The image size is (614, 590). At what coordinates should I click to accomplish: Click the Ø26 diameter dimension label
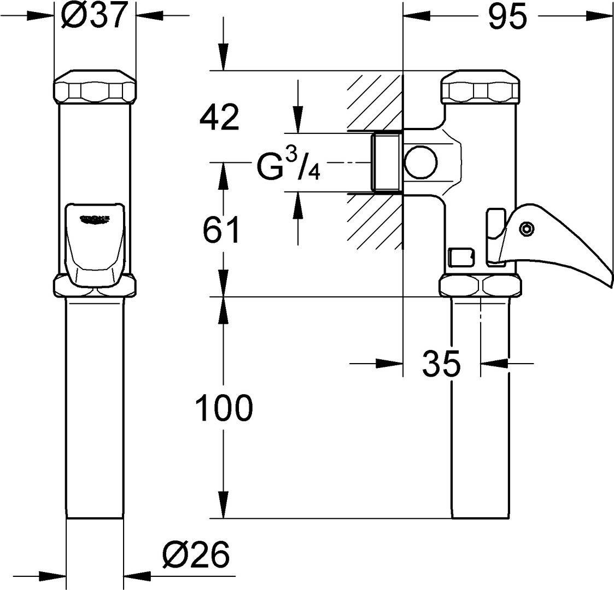(x=195, y=556)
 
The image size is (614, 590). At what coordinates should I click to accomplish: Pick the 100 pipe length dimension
(x=225, y=408)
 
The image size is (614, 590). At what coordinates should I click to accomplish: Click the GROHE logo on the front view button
(x=95, y=219)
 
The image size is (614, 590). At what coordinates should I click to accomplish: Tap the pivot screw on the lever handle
(x=527, y=229)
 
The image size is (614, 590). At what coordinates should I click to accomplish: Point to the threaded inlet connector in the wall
(x=387, y=162)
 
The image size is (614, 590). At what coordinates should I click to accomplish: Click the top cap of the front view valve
(x=95, y=86)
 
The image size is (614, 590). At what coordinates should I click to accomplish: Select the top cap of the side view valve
(x=481, y=86)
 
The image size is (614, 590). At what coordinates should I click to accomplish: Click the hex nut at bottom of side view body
(x=481, y=285)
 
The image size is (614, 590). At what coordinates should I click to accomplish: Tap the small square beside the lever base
(x=461, y=255)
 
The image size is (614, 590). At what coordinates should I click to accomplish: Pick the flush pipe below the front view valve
(x=95, y=407)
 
